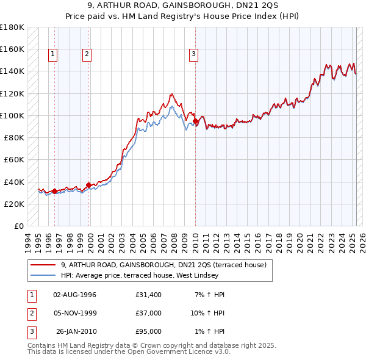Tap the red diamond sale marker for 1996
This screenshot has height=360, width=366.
click(54, 191)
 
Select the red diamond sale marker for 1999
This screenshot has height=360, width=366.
click(89, 185)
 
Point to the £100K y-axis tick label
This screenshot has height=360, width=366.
click(12, 115)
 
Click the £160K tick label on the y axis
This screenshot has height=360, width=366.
click(12, 49)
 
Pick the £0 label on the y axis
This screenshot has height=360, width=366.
click(18, 226)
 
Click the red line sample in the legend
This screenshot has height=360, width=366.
click(43, 265)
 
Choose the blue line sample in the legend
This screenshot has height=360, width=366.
click(43, 275)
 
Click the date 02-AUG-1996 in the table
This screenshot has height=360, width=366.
click(75, 295)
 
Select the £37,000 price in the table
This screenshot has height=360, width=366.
click(149, 313)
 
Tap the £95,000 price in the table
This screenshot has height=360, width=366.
click(149, 331)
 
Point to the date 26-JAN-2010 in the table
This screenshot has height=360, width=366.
click(76, 331)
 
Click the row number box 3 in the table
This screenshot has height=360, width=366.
click(31, 331)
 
